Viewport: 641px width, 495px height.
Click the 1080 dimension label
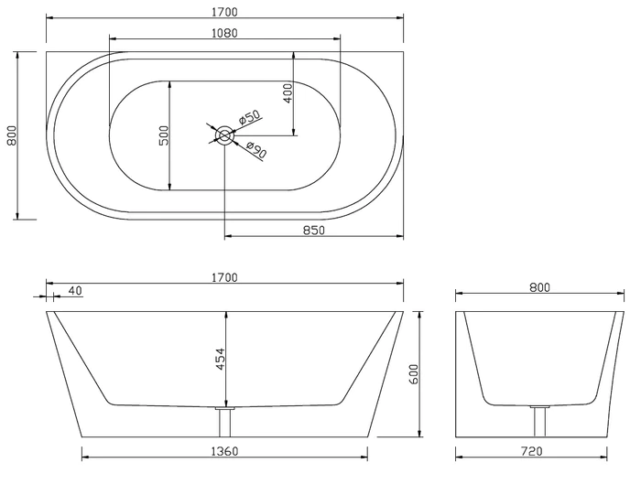(x=224, y=33)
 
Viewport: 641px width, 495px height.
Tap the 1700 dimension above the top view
(x=224, y=12)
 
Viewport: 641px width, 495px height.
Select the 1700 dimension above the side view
(x=224, y=278)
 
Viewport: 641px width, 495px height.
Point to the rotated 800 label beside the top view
(x=11, y=135)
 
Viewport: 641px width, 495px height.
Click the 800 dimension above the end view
(x=539, y=287)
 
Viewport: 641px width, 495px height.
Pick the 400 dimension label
(x=288, y=93)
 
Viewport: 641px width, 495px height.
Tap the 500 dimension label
(x=164, y=135)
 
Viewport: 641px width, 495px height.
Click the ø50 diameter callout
(x=249, y=117)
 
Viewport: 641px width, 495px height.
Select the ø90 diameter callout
(x=256, y=149)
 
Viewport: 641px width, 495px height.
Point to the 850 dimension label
(x=314, y=231)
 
